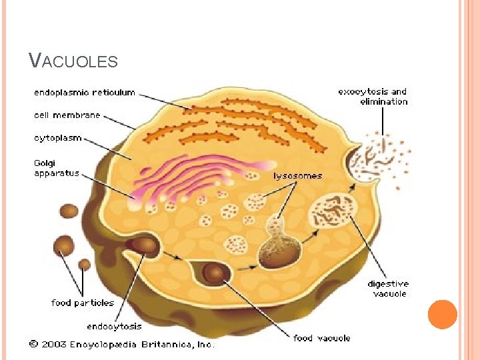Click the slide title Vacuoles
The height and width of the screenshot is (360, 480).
pyautogui.click(x=73, y=61)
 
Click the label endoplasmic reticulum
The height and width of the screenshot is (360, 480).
pyautogui.click(x=84, y=93)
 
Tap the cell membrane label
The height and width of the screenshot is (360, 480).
pyautogui.click(x=67, y=115)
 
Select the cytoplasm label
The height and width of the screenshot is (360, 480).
pyautogui.click(x=58, y=138)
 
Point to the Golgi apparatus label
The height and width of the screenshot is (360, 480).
pyautogui.click(x=56, y=168)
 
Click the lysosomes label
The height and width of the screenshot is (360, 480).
pyautogui.click(x=298, y=176)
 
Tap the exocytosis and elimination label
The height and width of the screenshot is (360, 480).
pyautogui.click(x=372, y=97)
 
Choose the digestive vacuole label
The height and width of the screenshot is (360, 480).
pyautogui.click(x=389, y=289)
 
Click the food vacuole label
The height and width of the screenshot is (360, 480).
pyautogui.click(x=321, y=338)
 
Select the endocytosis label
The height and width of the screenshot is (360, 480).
pyautogui.click(x=114, y=326)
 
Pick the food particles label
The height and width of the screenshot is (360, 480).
pyautogui.click(x=83, y=303)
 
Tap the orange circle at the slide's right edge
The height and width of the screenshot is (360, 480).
pyautogui.click(x=443, y=315)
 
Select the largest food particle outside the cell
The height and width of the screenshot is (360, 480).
pyautogui.click(x=64, y=247)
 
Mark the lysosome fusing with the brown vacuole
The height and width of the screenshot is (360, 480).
pyautogui.click(x=276, y=247)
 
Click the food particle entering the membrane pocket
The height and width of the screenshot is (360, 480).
pyautogui.click(x=145, y=245)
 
